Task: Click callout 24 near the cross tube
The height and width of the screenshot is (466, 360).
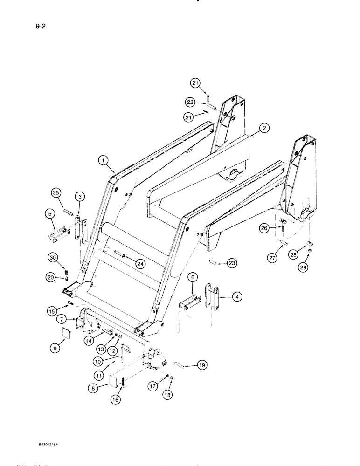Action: (x=140, y=264)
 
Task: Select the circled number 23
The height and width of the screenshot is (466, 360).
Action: (x=232, y=264)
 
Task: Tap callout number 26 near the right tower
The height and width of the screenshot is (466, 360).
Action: (x=264, y=228)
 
